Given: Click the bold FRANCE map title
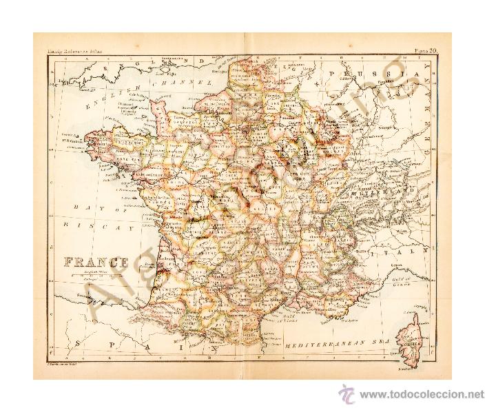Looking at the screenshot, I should click(x=96, y=261).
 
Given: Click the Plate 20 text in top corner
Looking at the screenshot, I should click(x=429, y=50).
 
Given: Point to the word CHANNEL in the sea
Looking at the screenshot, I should click(x=181, y=83).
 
